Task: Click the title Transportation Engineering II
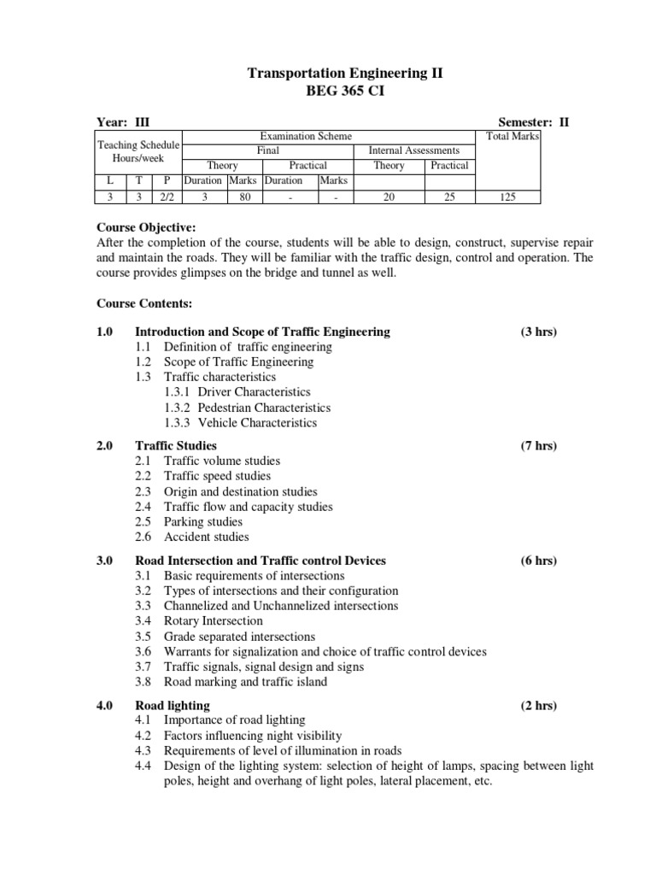click(345, 74)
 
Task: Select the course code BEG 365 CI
click(345, 92)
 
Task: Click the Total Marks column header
click(512, 137)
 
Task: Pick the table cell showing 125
click(509, 197)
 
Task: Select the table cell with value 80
click(243, 197)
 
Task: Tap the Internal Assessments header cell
click(413, 150)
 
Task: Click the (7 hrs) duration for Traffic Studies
click(538, 445)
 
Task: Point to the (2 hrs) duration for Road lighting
click(538, 705)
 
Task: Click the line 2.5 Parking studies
click(202, 521)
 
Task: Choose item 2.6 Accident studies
click(206, 537)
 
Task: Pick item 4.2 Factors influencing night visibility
click(252, 735)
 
